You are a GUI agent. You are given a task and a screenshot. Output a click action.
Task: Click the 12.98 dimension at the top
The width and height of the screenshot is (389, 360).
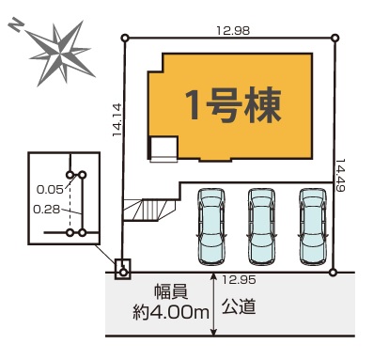point(233,31)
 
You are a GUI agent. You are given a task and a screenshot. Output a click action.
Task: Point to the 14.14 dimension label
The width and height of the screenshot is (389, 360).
point(117,120)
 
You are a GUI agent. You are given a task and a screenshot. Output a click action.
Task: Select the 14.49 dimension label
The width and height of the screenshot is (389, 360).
point(341,175)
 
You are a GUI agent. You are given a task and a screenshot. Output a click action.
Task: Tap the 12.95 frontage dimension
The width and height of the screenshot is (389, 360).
point(239,280)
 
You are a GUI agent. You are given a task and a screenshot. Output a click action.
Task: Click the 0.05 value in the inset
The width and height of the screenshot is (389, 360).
point(50,189)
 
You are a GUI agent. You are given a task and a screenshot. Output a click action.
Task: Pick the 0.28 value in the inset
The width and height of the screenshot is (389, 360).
point(47,210)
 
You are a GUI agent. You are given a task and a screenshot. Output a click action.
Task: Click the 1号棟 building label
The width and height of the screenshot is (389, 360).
point(233,105)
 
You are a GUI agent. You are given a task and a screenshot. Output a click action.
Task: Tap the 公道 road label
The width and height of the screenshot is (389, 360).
point(239,306)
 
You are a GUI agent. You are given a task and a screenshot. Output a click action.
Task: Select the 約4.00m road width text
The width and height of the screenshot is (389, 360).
point(171,312)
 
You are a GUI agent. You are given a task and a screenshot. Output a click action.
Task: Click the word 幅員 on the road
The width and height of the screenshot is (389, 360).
point(171,292)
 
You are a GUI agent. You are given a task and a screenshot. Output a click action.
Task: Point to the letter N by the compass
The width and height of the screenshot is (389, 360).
point(15,25)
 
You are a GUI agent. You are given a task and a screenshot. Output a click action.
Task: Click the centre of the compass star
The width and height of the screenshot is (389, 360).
point(60,54)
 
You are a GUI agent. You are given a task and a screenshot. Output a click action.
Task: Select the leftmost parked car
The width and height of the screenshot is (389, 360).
point(211,227)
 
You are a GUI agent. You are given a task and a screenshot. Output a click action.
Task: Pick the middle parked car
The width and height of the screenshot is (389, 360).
point(262,227)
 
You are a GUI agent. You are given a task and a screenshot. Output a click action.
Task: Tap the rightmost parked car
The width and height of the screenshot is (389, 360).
point(313,227)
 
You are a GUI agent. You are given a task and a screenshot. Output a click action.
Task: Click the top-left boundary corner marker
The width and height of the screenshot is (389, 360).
point(125,39)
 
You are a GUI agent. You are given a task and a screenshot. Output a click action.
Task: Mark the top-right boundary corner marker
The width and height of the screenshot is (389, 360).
point(335,39)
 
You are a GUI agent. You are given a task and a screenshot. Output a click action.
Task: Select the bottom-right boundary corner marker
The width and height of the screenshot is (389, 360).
point(334,273)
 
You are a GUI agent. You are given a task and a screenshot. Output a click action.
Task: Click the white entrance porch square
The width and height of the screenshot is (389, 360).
point(163,149)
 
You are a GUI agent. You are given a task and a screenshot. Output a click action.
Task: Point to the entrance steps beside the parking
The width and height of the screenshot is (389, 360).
point(149,210)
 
